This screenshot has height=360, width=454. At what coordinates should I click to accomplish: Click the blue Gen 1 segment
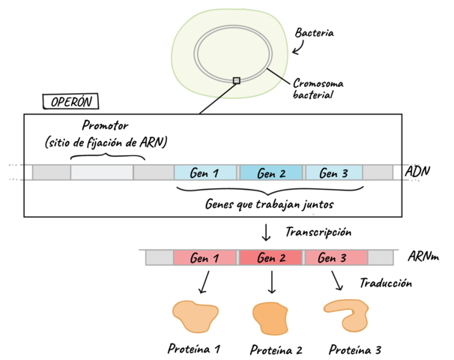(x=205, y=172)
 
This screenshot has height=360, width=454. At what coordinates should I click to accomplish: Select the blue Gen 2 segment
(x=271, y=172)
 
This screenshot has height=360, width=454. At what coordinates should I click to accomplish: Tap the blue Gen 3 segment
(x=333, y=172)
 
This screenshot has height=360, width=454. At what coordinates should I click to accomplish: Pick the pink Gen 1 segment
(x=205, y=258)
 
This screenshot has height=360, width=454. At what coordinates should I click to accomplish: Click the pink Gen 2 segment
(x=271, y=258)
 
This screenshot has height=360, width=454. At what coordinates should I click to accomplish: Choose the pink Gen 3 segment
(x=335, y=258)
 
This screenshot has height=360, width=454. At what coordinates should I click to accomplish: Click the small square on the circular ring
(x=236, y=80)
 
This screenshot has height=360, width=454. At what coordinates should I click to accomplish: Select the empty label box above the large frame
(x=70, y=101)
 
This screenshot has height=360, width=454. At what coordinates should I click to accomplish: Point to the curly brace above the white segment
(x=107, y=156)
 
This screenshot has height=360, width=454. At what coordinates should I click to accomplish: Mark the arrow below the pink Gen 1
(x=204, y=283)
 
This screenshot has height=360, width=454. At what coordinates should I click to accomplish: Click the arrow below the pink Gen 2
(x=271, y=283)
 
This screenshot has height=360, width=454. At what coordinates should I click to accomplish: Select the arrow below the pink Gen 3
(x=337, y=282)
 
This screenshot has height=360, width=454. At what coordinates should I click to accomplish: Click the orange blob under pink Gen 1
(x=195, y=317)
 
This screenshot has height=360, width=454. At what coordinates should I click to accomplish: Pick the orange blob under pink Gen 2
(x=270, y=318)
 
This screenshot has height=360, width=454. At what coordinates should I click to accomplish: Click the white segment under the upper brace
(x=102, y=172)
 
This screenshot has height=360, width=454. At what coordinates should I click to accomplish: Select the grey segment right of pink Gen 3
(x=381, y=258)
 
